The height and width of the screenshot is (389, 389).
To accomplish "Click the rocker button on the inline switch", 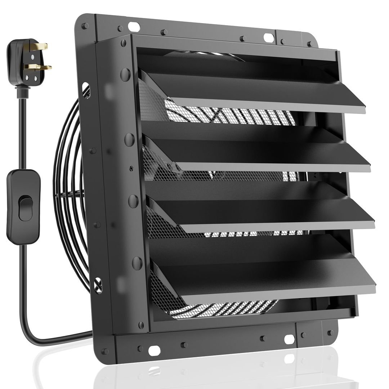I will pyautogui.click(x=26, y=208).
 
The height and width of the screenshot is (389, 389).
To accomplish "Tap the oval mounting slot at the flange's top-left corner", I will pyautogui.click(x=134, y=26).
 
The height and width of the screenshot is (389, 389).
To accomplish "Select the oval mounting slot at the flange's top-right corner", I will pyautogui.click(x=268, y=37).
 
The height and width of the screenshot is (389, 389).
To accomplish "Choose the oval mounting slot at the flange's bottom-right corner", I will pyautogui.click(x=289, y=339).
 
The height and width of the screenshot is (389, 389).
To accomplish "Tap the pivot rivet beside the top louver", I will pyautogui.click(x=125, y=74).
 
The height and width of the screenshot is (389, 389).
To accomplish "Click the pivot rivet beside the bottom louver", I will pyautogui.click(x=137, y=263).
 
